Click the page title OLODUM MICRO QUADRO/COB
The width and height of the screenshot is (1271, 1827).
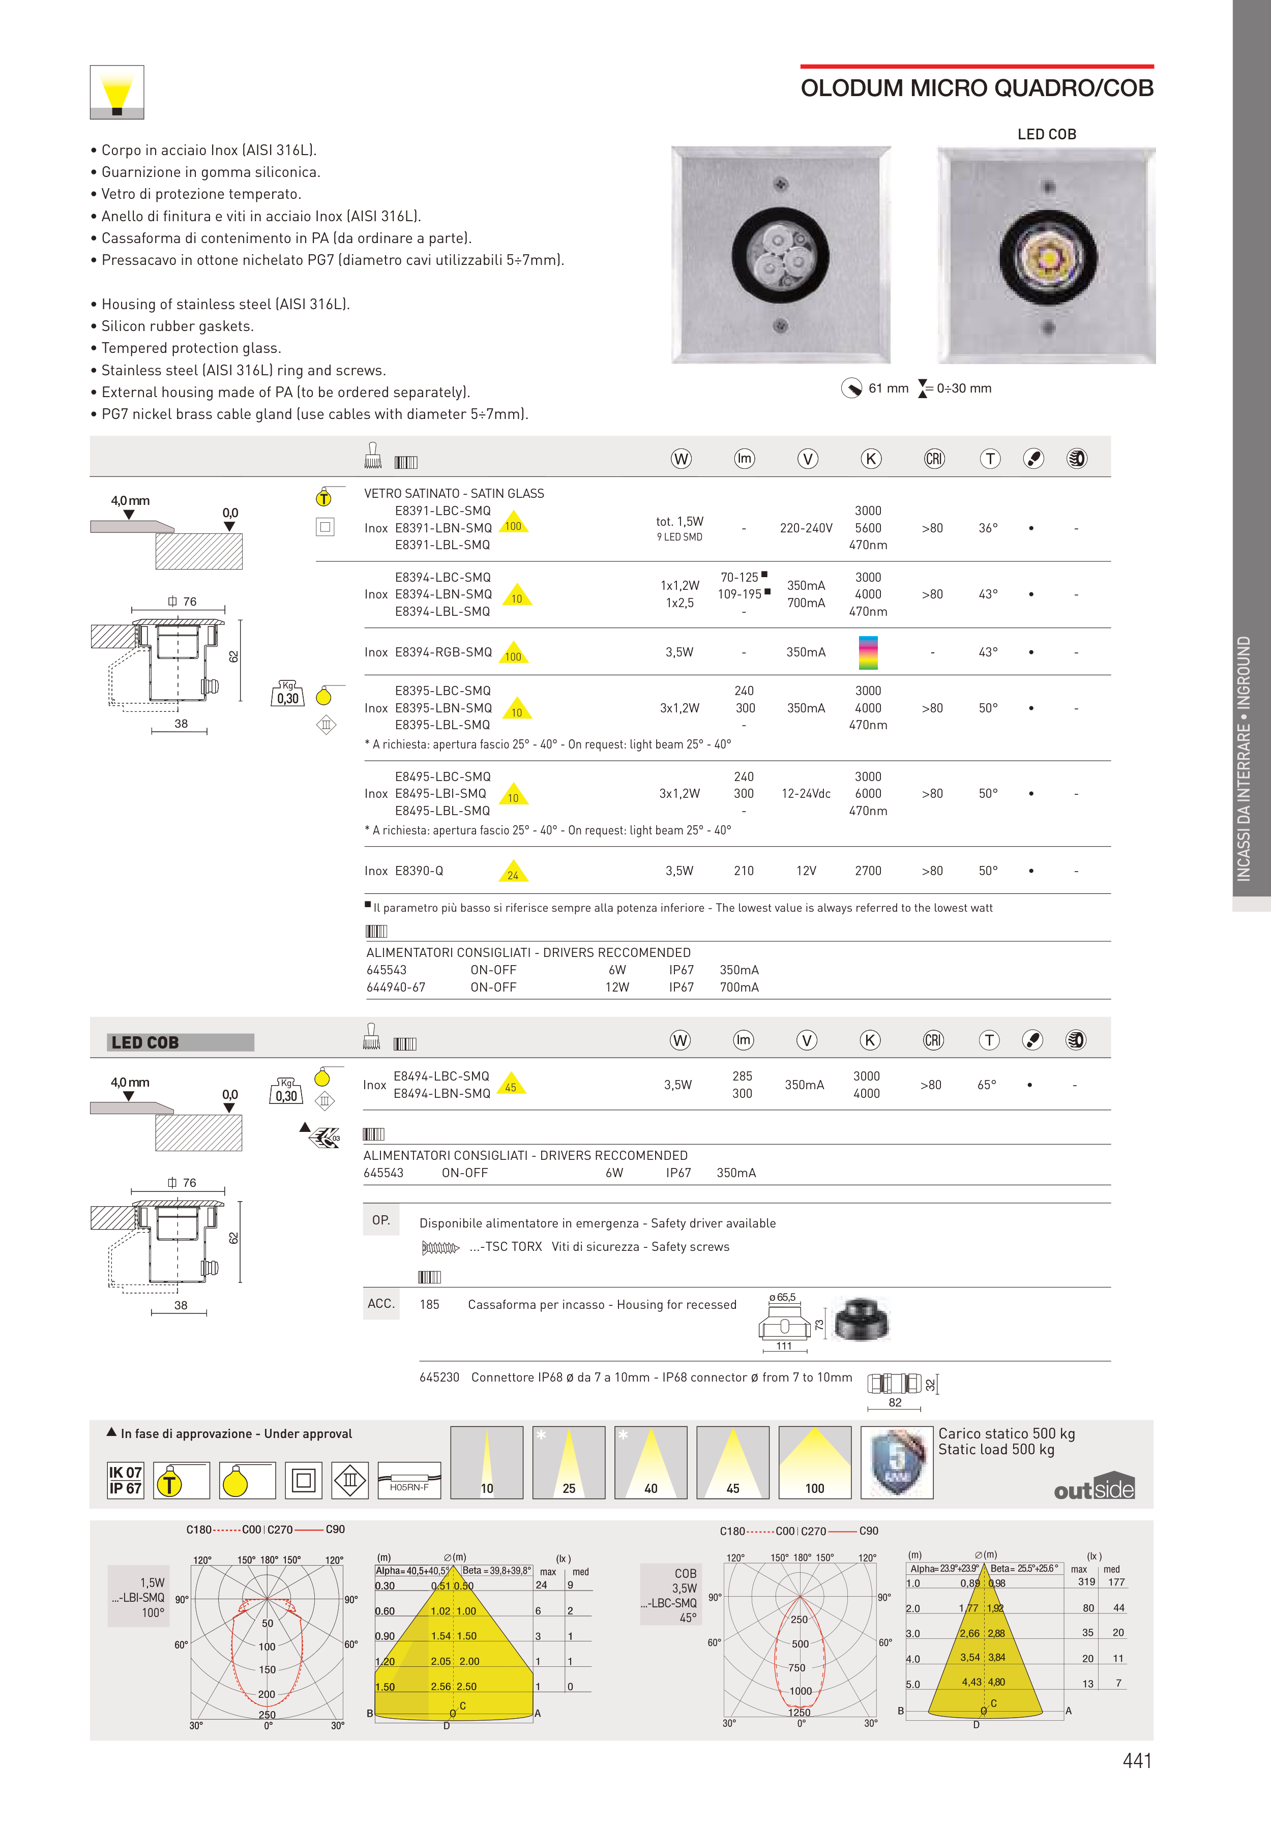pyautogui.click(x=977, y=88)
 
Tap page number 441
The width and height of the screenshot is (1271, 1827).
pyautogui.click(x=1137, y=1760)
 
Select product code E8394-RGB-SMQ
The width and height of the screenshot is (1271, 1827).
pyautogui.click(x=444, y=652)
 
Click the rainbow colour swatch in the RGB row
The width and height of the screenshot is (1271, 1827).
pyautogui.click(x=868, y=652)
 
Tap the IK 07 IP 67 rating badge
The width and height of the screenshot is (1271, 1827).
pyautogui.click(x=126, y=1481)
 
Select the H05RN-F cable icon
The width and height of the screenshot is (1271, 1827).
pyautogui.click(x=409, y=1481)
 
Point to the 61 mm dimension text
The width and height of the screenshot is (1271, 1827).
pyautogui.click(x=888, y=388)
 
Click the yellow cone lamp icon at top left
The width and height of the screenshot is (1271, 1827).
pyautogui.click(x=117, y=93)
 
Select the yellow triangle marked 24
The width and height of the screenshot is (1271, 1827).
pyautogui.click(x=513, y=872)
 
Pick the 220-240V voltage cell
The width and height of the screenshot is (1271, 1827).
pyautogui.click(x=806, y=528)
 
